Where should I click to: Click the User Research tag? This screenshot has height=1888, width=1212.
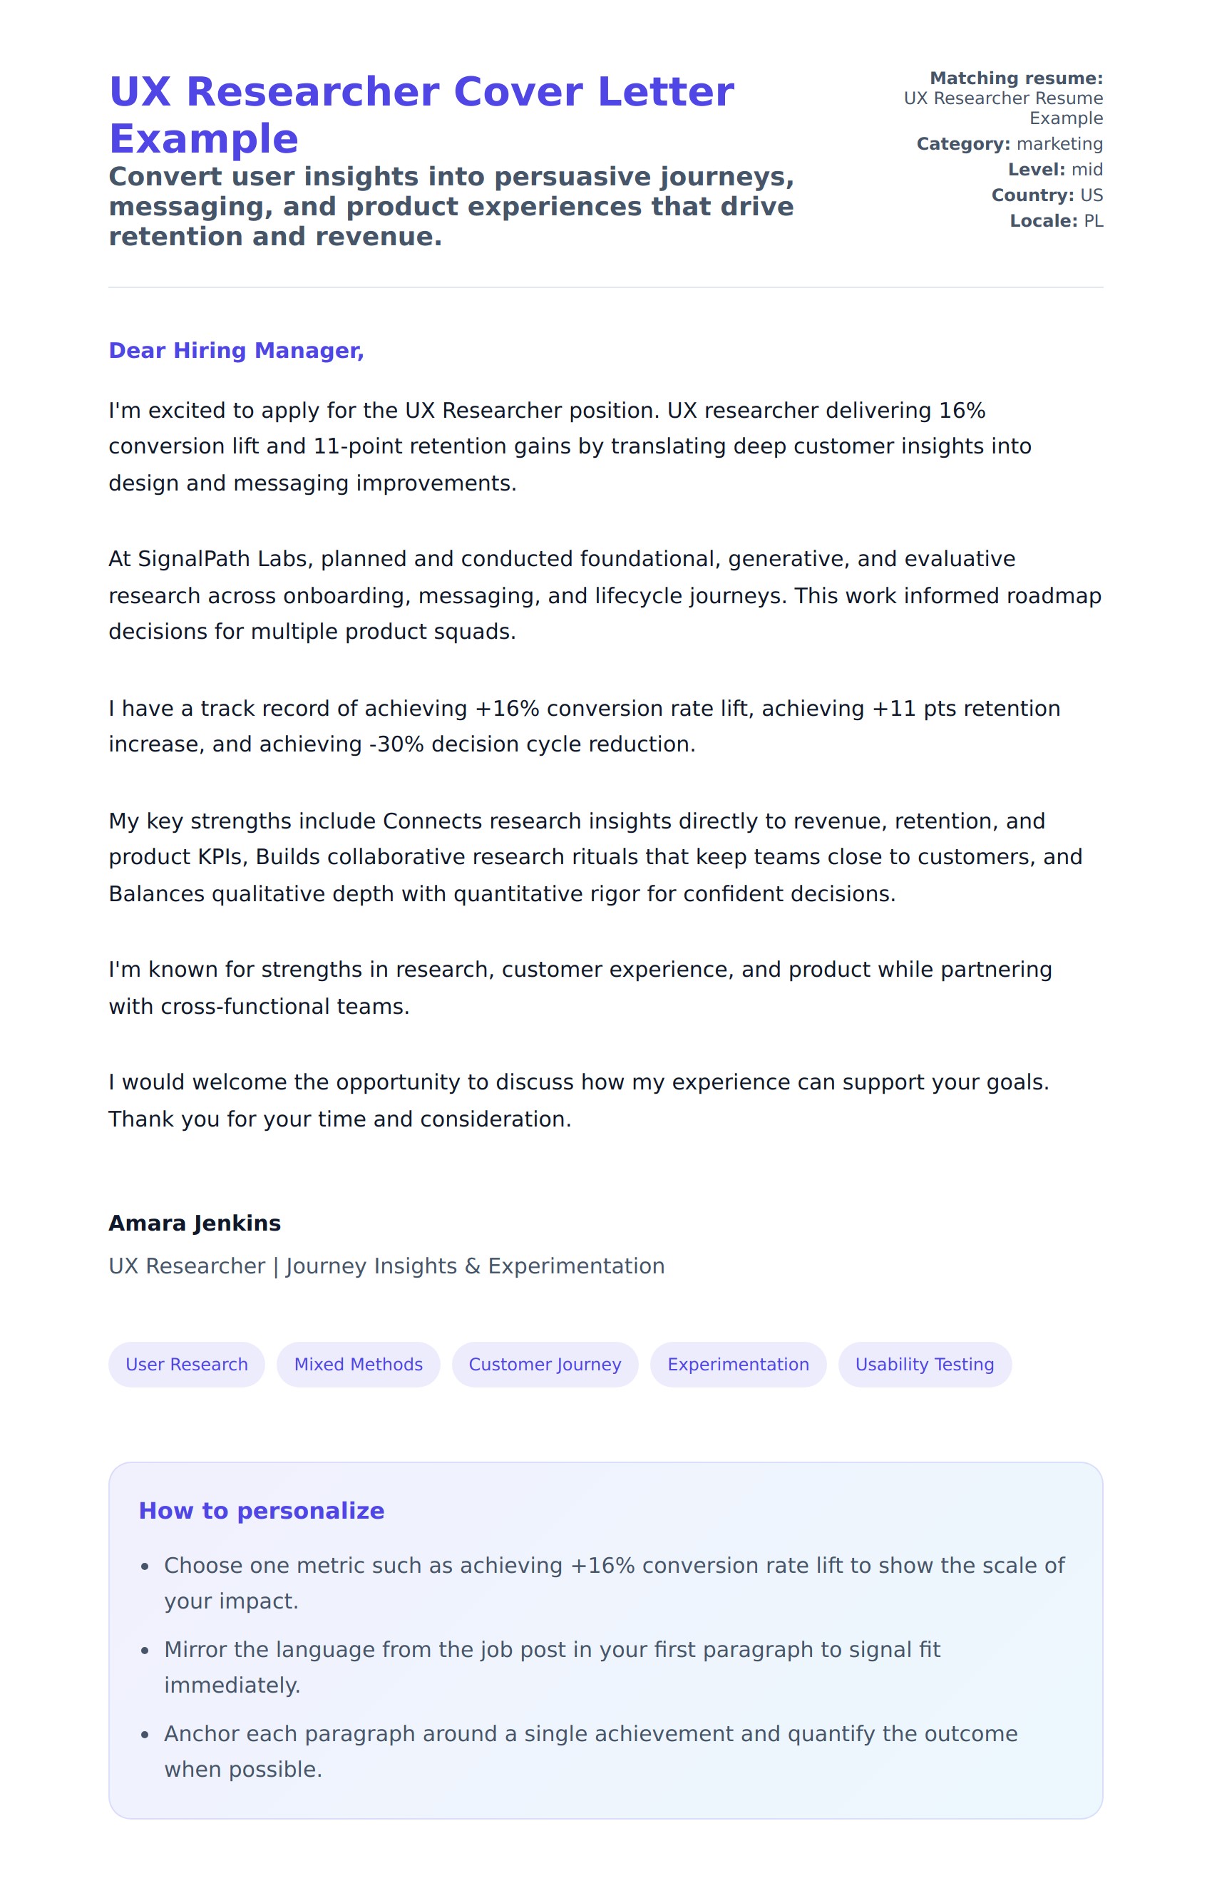(187, 1365)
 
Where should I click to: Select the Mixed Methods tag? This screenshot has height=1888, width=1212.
(358, 1365)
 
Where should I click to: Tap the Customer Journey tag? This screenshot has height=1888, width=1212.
(545, 1365)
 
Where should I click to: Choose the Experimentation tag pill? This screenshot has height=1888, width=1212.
(737, 1365)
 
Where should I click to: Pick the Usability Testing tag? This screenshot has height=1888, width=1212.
(924, 1365)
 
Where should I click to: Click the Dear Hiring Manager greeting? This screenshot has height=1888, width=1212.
(236, 351)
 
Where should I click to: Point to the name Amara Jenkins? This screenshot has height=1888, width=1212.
(195, 1223)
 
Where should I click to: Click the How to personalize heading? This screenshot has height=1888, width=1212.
(261, 1511)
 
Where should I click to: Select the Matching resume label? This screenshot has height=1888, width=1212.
(1016, 78)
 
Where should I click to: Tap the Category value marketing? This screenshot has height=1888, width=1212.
(1059, 144)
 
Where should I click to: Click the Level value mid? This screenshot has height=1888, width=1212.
(1087, 170)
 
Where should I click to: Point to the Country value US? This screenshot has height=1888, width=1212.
(1092, 195)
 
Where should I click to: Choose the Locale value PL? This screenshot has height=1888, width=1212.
(1093, 221)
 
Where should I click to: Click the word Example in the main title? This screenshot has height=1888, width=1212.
(204, 139)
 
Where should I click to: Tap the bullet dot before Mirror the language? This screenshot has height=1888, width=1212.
(145, 1651)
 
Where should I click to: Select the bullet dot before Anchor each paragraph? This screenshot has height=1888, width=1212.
(145, 1735)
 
